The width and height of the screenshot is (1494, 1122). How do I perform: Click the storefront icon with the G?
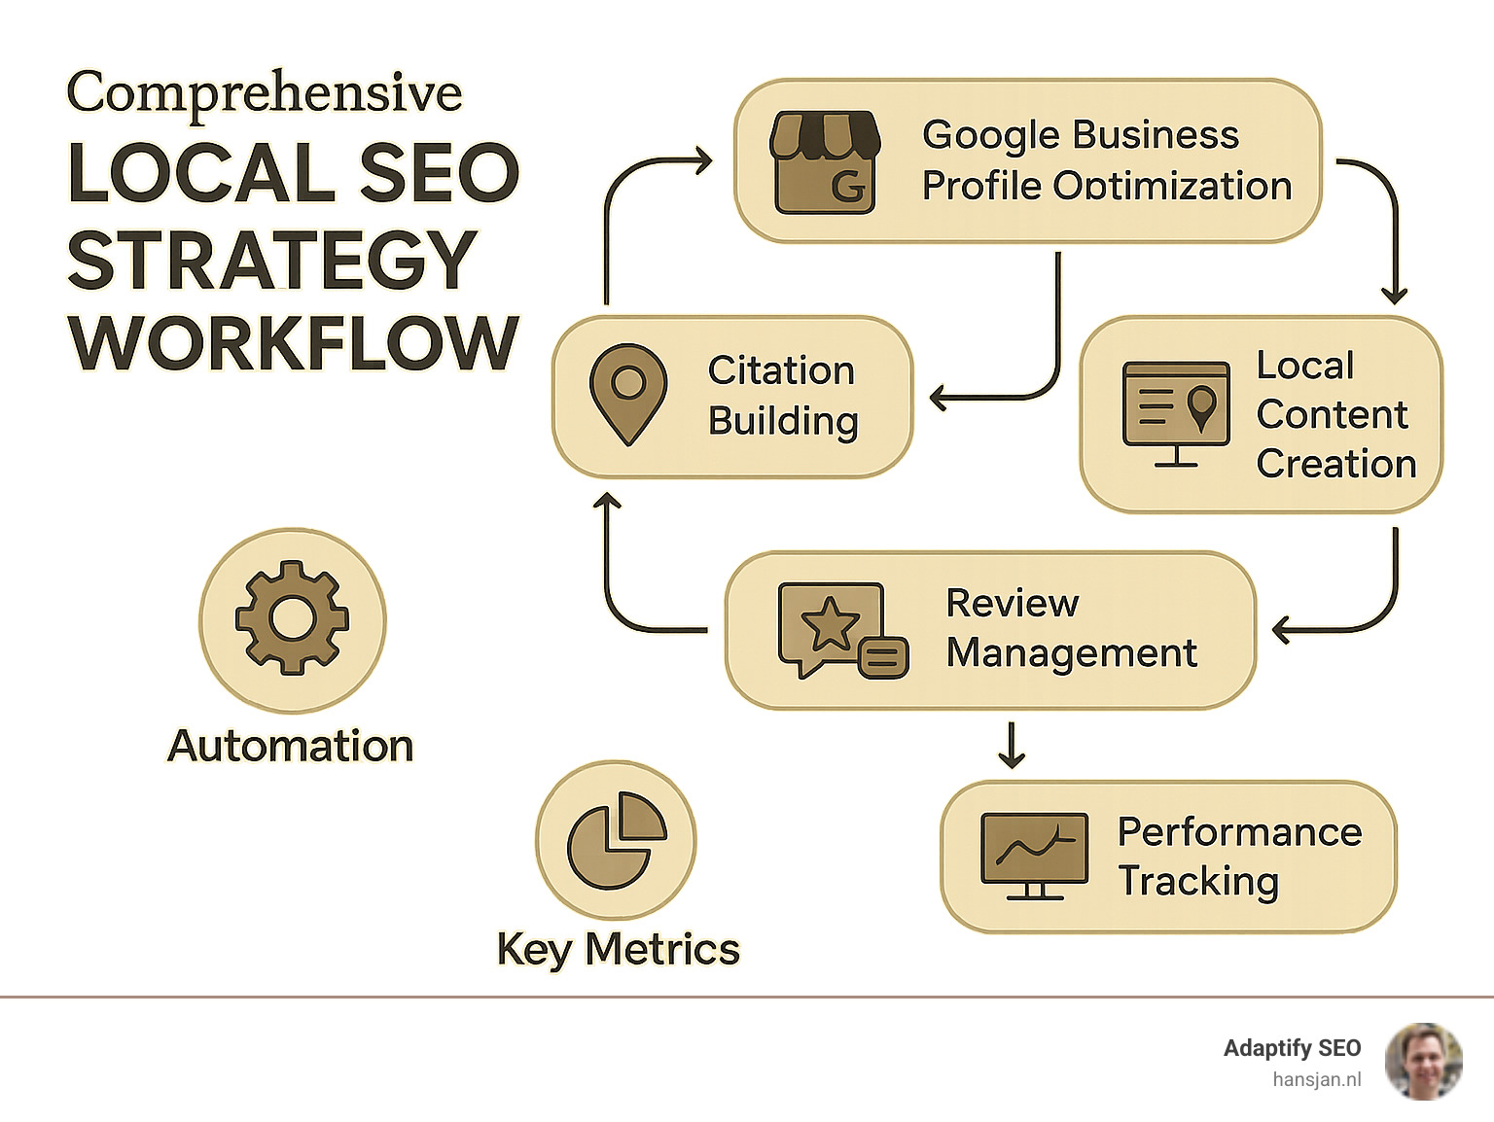825,162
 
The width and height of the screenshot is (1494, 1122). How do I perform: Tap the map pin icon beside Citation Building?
628,394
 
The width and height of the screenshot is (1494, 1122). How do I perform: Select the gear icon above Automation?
292,618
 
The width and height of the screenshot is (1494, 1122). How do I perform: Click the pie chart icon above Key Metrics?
616,840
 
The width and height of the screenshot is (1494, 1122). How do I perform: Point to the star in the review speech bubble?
829,624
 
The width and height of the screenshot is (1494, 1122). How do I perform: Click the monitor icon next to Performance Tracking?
1034,855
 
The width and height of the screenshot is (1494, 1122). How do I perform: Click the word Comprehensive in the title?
265,93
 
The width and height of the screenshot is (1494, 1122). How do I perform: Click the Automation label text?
290,746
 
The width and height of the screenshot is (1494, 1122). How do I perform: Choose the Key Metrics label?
619,949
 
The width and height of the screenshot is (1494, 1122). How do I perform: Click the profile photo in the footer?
1423,1062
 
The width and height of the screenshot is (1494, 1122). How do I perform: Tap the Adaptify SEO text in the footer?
1292,1048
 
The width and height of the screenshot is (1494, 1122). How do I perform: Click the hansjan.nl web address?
1316,1079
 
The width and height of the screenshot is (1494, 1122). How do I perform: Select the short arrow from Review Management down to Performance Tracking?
1012,745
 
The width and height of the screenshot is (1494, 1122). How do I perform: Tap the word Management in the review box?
1071,653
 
